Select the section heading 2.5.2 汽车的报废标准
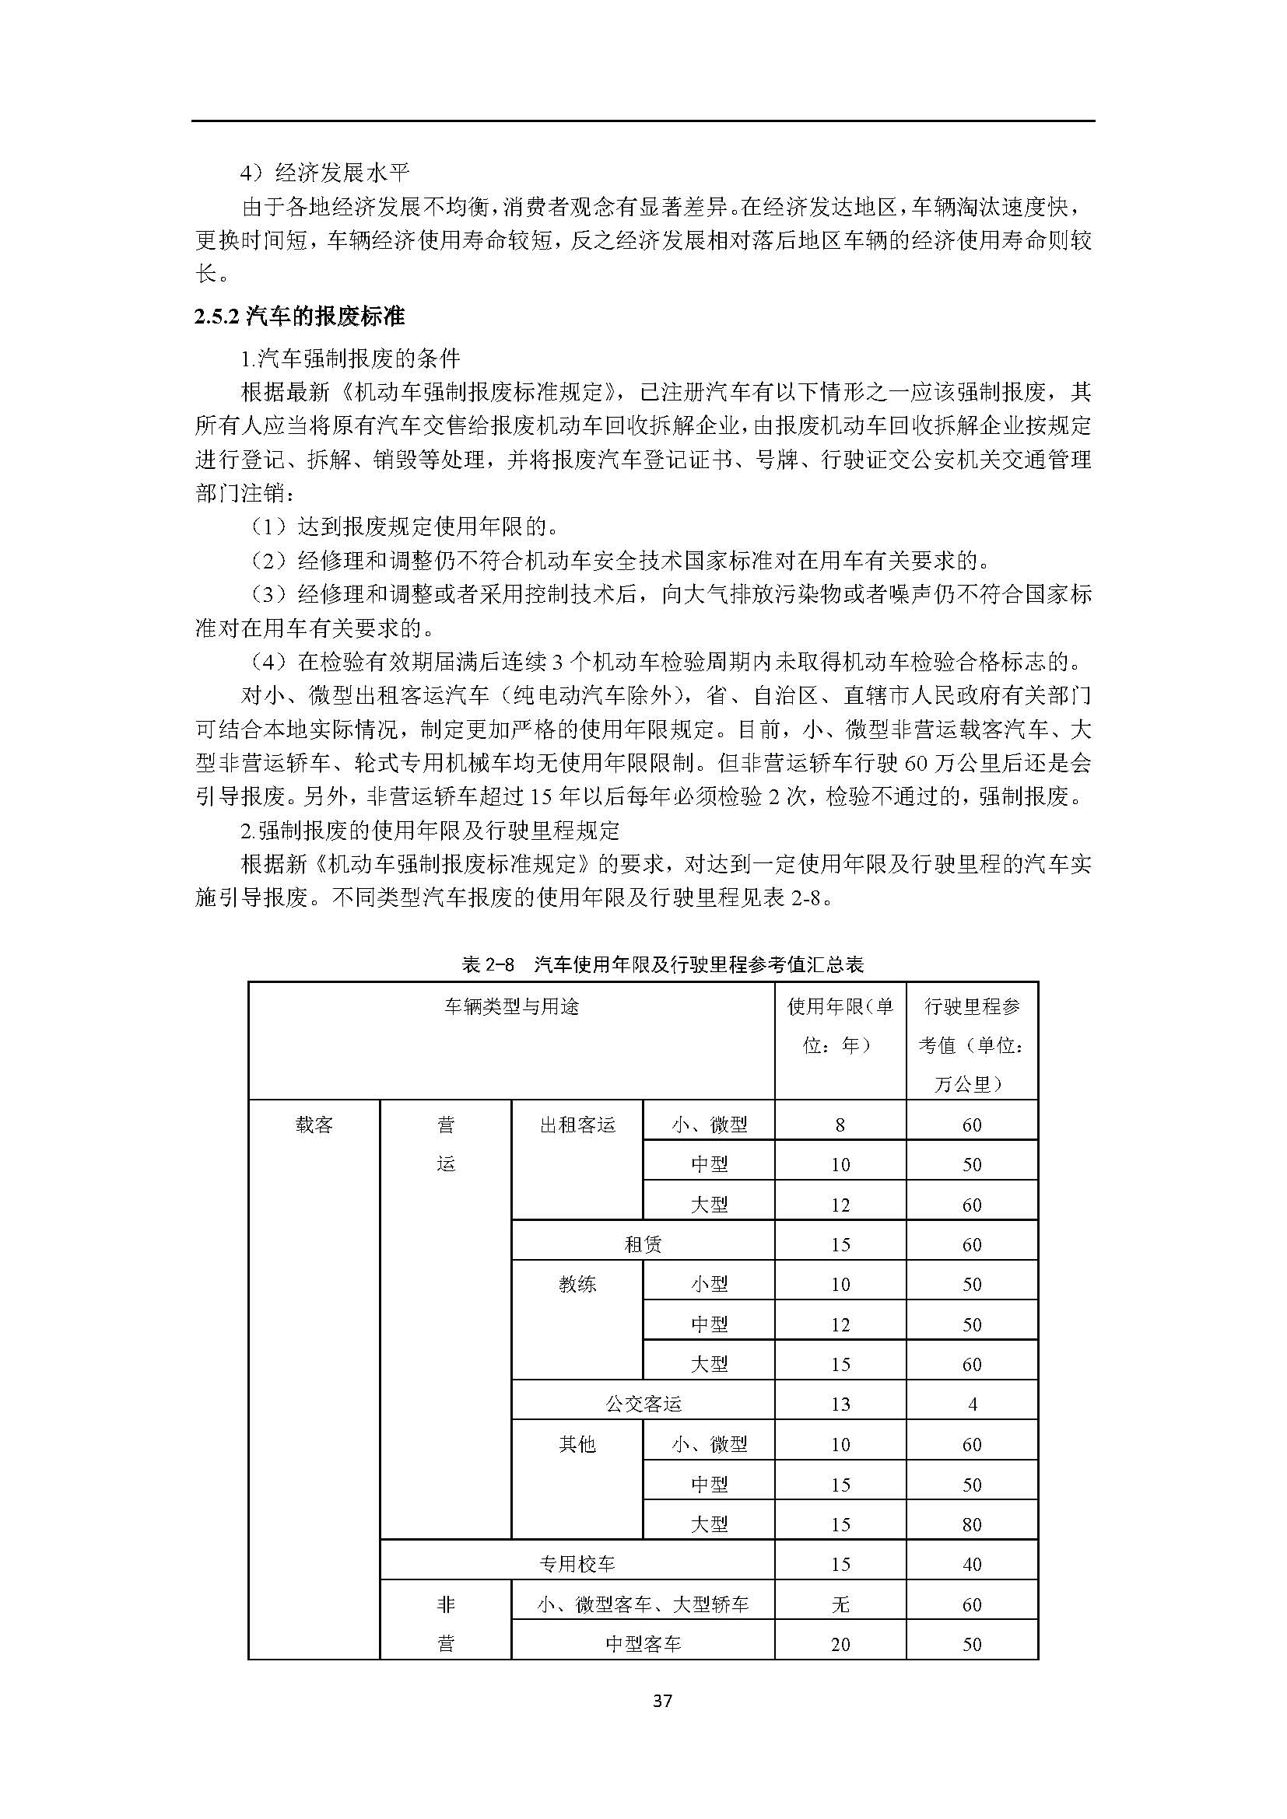tap(300, 317)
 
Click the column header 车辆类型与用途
tap(511, 1007)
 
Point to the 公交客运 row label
tap(643, 1404)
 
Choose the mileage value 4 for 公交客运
tap(972, 1404)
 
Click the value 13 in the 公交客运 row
tap(840, 1404)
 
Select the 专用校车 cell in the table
tap(577, 1564)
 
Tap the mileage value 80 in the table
tap(972, 1524)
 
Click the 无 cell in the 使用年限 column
tap(840, 1604)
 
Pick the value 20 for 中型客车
tap(840, 1645)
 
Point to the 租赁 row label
tap(643, 1244)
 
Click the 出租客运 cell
tap(577, 1125)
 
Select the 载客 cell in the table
tap(314, 1125)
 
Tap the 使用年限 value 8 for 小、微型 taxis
tap(840, 1125)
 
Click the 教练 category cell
tap(577, 1284)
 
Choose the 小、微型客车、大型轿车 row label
tap(643, 1604)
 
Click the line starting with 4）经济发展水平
tap(326, 172)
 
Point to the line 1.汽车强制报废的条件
tap(350, 359)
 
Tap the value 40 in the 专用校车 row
tap(972, 1564)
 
